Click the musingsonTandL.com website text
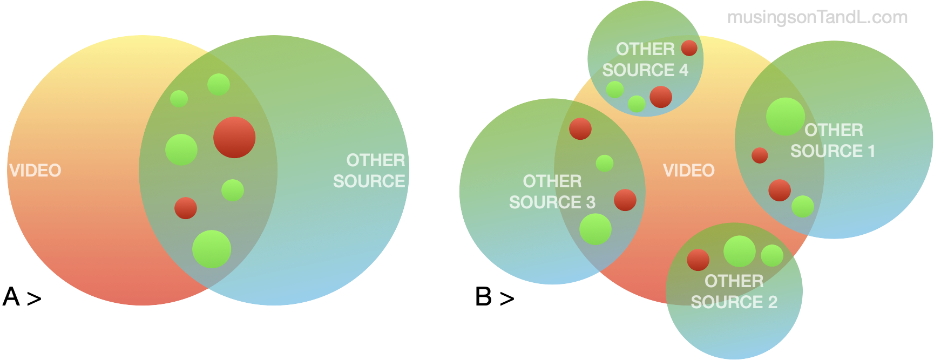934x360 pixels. [x=817, y=18]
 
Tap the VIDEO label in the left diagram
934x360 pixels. [x=36, y=171]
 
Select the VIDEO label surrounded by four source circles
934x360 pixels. [x=688, y=171]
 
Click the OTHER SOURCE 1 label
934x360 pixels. [x=833, y=140]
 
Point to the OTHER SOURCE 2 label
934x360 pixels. [x=734, y=291]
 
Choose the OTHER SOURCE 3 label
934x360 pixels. [x=552, y=192]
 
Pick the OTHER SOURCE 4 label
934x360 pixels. [x=645, y=59]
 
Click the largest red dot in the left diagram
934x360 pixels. [x=234, y=137]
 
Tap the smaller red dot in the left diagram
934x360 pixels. [x=186, y=208]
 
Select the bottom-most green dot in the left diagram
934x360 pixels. [x=212, y=249]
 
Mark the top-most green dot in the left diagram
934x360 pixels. [x=219, y=84]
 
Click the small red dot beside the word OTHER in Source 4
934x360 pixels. [x=689, y=48]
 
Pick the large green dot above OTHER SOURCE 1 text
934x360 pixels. [x=785, y=117]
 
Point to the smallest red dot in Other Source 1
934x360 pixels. [x=760, y=155]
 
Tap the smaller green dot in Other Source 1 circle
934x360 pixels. [x=803, y=206]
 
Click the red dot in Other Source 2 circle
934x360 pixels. [x=698, y=260]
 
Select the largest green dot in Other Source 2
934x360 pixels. [x=739, y=251]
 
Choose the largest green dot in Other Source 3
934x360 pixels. [x=595, y=229]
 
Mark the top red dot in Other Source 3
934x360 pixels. [x=580, y=128]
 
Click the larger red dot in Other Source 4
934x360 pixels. [x=661, y=97]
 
